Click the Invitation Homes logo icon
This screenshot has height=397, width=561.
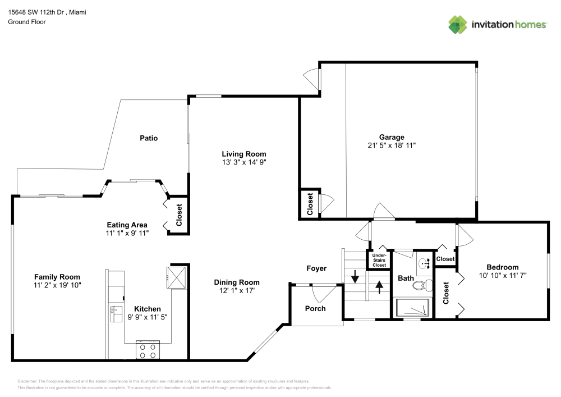pos(457,24)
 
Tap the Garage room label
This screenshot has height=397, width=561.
pos(392,137)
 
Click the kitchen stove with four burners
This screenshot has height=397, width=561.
pos(148,350)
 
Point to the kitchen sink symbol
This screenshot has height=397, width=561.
pos(116,314)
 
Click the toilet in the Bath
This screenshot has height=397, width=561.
pos(421,285)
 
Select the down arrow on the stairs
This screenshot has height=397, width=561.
pos(355,277)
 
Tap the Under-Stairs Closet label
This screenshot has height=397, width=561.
pos(379,260)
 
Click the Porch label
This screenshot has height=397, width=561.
pos(315,308)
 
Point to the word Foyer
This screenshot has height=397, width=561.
pos(316,268)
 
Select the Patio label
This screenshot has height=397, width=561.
pos(149,138)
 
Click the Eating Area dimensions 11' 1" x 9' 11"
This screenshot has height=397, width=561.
pos(127,232)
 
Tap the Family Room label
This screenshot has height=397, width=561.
pos(57,277)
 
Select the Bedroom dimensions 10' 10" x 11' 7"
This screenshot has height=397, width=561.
pos(502,276)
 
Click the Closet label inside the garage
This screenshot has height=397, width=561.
pos(310,204)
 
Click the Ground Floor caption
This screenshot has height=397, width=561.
pos(27,22)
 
